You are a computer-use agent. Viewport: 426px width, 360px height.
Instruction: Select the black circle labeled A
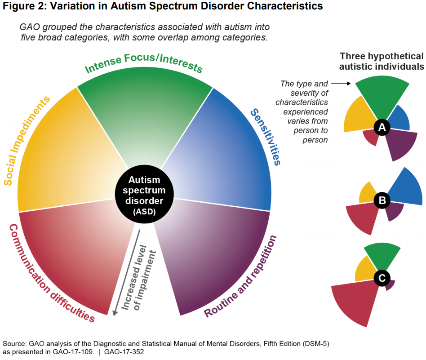pos(382,128)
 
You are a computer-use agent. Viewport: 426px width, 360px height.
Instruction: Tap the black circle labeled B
pos(382,200)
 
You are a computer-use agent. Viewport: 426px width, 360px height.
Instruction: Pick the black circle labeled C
pos(382,278)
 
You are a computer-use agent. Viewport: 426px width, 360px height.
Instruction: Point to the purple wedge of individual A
pos(397,144)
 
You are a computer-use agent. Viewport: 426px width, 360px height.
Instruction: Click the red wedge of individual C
pos(355,301)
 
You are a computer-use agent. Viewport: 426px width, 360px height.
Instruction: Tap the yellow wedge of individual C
pos(364,270)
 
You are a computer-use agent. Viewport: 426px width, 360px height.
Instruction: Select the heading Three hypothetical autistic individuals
pos(382,62)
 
